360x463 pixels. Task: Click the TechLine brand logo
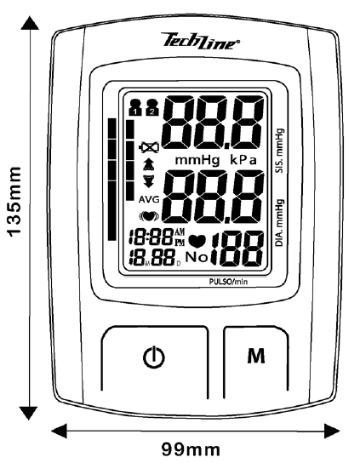201,41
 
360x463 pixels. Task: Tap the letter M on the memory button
256,356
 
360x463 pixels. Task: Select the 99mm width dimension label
191,449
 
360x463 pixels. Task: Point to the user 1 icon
136,107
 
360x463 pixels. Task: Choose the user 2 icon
152,107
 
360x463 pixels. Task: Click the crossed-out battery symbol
149,147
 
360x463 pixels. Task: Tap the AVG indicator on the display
149,200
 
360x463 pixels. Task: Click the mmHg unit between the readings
197,160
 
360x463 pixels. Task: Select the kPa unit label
243,160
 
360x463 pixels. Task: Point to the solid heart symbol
197,241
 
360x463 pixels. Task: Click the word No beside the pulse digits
197,258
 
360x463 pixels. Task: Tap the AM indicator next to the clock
180,231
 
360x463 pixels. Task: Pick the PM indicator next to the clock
180,243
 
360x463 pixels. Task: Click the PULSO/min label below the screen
228,282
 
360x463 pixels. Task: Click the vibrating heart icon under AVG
149,216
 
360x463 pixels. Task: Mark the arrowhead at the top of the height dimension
30,22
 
